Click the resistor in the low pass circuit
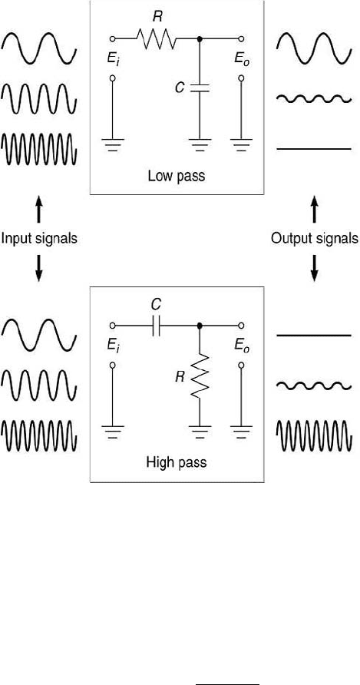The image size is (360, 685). [x=157, y=39]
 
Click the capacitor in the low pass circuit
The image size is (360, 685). [x=200, y=88]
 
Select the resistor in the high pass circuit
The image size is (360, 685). [x=200, y=376]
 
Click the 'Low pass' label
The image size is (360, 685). [x=176, y=177]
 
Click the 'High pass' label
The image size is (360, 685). [x=176, y=462]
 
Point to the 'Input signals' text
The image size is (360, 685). [x=39, y=238]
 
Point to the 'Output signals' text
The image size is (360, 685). [x=315, y=238]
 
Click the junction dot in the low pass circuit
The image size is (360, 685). [x=200, y=39]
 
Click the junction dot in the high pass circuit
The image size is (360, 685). [x=200, y=326]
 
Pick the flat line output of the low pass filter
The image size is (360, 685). [x=314, y=149]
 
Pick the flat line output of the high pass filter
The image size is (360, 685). [x=314, y=336]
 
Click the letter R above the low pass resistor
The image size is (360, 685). [x=157, y=18]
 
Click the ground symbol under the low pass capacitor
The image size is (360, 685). [x=200, y=144]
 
